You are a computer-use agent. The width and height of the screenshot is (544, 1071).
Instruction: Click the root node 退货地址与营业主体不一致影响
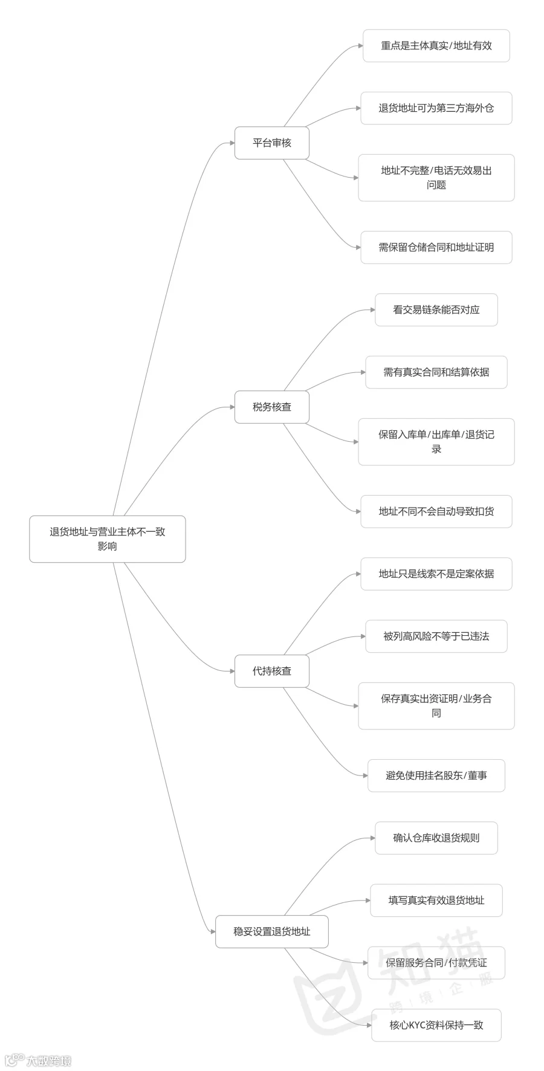point(108,539)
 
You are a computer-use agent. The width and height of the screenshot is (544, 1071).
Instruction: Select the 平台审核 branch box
point(272,143)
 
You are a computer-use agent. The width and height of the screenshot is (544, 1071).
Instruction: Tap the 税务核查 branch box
point(272,407)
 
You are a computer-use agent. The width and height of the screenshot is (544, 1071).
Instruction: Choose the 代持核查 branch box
point(272,671)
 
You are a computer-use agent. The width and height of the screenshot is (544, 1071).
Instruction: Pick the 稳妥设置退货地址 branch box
point(272,932)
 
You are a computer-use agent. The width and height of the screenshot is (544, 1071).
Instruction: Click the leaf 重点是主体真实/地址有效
point(436,46)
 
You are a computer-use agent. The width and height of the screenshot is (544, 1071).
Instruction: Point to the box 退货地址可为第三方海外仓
point(436,108)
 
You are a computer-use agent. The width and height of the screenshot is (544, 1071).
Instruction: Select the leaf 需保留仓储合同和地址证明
point(436,247)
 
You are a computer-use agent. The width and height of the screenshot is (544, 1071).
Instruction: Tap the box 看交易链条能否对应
point(436,310)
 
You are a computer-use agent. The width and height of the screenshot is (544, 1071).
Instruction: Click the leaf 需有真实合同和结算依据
point(436,372)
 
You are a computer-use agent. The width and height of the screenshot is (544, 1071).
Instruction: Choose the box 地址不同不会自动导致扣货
point(436,511)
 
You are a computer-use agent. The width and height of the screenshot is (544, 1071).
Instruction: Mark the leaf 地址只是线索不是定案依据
point(436,574)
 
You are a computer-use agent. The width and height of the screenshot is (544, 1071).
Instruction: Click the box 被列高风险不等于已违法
point(436,636)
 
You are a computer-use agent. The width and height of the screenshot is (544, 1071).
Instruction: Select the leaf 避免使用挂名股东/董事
point(436,775)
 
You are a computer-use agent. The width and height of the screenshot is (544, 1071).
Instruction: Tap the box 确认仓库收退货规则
point(436,838)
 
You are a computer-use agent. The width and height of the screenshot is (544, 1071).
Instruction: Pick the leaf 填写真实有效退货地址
point(436,901)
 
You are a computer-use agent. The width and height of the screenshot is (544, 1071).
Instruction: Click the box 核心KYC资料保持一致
point(436,1025)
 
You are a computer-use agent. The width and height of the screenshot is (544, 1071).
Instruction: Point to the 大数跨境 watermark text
point(48,1061)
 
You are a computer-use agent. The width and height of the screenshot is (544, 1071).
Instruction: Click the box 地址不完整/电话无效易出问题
point(436,178)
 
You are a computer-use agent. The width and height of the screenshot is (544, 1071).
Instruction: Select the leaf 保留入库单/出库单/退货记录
point(436,442)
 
